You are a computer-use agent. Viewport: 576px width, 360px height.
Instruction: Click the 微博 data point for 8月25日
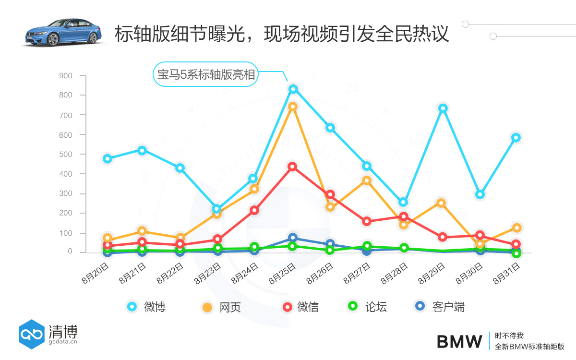[293, 89]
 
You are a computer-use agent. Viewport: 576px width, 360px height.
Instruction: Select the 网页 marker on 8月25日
[293, 107]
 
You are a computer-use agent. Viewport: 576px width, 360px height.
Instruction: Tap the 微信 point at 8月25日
[292, 167]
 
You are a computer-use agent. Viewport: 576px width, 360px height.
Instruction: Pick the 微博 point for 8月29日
[443, 108]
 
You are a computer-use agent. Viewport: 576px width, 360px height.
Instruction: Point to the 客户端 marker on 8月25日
[293, 238]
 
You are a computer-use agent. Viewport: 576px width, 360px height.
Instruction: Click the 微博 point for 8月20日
[108, 159]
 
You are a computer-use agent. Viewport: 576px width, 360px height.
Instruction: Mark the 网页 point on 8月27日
[367, 180]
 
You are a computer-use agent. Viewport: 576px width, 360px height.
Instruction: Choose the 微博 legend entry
[147, 307]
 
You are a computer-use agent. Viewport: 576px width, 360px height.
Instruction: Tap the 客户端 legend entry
[440, 307]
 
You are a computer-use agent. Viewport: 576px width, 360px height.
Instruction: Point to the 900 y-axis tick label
[66, 76]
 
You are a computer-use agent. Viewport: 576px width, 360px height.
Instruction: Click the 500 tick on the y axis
[66, 155]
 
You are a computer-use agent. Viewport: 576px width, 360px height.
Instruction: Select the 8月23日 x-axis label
[207, 273]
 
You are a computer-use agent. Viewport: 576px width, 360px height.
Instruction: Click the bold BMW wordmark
[459, 342]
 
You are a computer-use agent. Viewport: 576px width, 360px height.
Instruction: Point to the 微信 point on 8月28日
[404, 216]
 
